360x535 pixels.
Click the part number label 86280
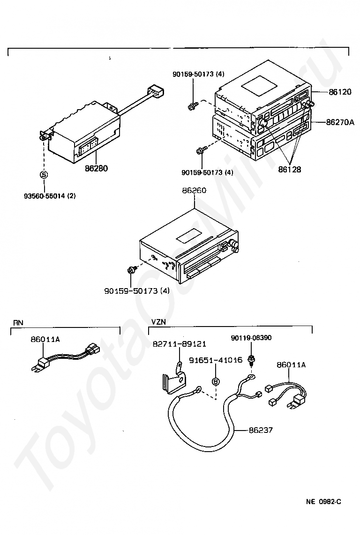tap(96, 168)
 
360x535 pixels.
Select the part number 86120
tap(340, 92)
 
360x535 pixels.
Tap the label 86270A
tap(340, 122)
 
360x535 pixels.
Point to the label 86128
tap(290, 169)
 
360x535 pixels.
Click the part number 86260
tap(195, 190)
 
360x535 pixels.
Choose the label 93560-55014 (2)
tap(50, 196)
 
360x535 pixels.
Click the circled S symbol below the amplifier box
tap(44, 175)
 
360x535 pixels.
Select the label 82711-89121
tap(180, 344)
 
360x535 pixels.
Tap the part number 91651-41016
tap(216, 360)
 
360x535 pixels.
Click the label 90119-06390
tap(251, 338)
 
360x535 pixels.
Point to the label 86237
tap(261, 430)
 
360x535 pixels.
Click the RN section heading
tap(18, 322)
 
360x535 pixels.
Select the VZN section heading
tap(158, 322)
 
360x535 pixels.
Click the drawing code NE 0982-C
tap(323, 502)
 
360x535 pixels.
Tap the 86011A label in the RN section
tap(45, 339)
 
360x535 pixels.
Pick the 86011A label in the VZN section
tap(291, 365)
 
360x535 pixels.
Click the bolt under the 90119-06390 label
tap(252, 360)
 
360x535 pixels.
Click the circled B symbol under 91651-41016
tap(216, 382)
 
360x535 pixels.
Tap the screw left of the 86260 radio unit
tap(130, 270)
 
